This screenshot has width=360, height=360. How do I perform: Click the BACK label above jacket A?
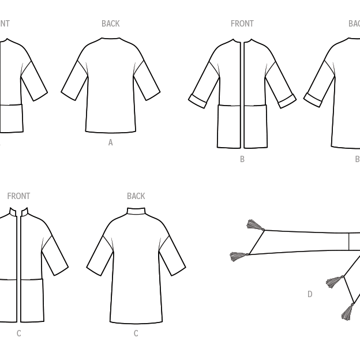pyautogui.click(x=110, y=24)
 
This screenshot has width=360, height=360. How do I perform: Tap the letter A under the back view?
pyautogui.click(x=110, y=142)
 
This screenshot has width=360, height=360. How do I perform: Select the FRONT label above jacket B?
pyautogui.click(x=242, y=24)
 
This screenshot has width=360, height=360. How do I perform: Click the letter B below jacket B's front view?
pyautogui.click(x=242, y=159)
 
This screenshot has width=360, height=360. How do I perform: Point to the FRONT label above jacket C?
pyautogui.click(x=18, y=196)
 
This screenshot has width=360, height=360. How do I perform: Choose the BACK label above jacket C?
pyautogui.click(x=136, y=196)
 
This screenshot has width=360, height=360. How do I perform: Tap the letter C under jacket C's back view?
pyautogui.click(x=136, y=333)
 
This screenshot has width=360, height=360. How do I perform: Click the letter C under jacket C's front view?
pyautogui.click(x=18, y=333)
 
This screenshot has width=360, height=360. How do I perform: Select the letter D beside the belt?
pyautogui.click(x=310, y=294)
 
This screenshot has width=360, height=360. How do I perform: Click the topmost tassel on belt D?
pyautogui.click(x=254, y=225)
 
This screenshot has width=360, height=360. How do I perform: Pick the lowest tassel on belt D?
pyautogui.click(x=347, y=312)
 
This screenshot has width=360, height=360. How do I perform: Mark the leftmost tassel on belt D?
pyautogui.click(x=238, y=256)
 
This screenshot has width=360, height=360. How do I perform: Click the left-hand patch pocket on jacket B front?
pyautogui.click(x=229, y=126)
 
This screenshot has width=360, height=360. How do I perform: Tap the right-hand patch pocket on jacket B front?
pyautogui.click(x=256, y=126)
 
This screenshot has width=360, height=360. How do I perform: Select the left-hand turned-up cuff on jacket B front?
pyautogui.click(x=198, y=102)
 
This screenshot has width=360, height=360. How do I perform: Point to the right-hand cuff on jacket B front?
pyautogui.click(x=287, y=102)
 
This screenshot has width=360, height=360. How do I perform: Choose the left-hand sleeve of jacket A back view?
pyautogui.click(x=74, y=81)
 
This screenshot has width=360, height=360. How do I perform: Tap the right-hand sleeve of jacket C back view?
pyautogui.click(x=172, y=255)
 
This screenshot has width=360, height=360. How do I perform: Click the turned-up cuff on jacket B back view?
pyautogui.click(x=313, y=100)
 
